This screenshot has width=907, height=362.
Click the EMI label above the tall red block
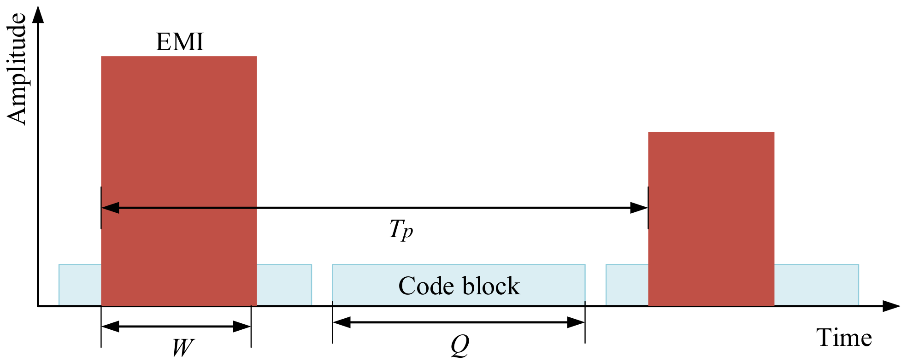click(179, 42)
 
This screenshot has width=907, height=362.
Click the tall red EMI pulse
click(179, 138)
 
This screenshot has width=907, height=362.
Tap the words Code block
click(459, 286)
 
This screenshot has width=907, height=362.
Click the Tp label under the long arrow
click(400, 229)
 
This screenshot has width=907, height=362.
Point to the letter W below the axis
click(183, 348)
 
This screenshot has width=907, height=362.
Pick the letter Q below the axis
click(459, 345)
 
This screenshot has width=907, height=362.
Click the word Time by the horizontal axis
click(844, 338)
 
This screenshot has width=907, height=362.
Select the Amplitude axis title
click(17, 69)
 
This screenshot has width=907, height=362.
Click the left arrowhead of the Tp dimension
click(110, 208)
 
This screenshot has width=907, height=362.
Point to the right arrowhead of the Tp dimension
click(639, 208)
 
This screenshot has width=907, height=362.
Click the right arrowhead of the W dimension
click(242, 327)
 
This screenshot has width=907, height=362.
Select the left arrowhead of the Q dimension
click(341, 322)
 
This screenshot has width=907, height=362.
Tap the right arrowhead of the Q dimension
click(576, 322)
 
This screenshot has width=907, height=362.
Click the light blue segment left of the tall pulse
click(80, 285)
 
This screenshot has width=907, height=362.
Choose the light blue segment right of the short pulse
click(816, 285)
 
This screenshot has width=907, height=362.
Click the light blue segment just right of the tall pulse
click(284, 285)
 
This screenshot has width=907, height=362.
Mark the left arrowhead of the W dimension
click(110, 327)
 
